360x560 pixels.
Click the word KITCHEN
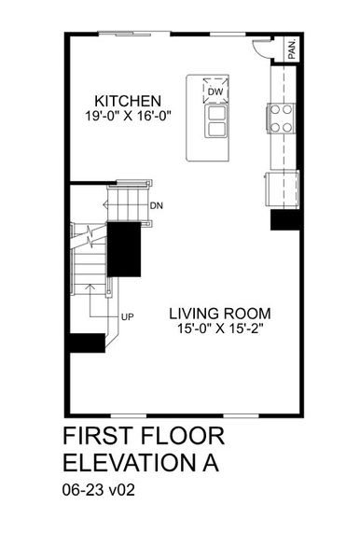[130, 101]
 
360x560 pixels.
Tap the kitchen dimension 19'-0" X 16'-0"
[130, 117]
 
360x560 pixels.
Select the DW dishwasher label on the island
[215, 91]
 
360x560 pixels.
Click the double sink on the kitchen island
[215, 119]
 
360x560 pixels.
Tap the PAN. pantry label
[292, 49]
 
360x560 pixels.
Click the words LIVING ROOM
[215, 314]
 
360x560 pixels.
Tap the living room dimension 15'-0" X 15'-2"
[215, 329]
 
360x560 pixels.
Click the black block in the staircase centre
[125, 249]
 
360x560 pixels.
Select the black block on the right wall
[283, 219]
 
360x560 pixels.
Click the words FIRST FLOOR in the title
[144, 438]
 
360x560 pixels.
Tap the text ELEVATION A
[144, 464]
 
